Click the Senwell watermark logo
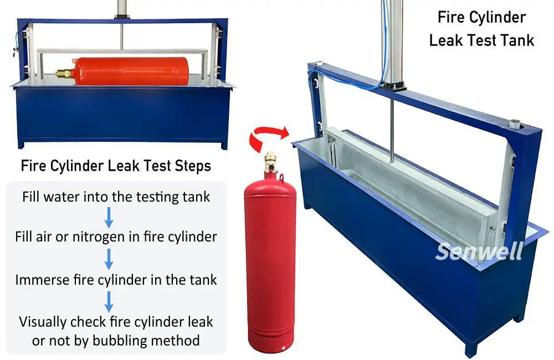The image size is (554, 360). point(479,251)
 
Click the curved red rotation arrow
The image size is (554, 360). point(269,137)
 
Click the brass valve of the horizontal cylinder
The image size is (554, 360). point(65,74)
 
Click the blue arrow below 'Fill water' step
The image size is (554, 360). point(109,218)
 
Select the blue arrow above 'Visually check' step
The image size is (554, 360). point(109,302)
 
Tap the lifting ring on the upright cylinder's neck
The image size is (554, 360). point(281,178)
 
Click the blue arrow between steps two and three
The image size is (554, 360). point(109,259)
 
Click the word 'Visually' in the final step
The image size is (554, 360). point(43,322)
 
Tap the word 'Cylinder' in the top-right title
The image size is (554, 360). point(499,17)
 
